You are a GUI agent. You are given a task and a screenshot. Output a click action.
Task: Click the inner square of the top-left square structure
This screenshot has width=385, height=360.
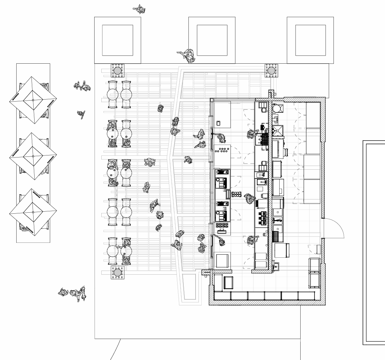pos(117,40)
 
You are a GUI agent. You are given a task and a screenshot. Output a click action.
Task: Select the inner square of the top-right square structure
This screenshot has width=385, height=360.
pos(310,40)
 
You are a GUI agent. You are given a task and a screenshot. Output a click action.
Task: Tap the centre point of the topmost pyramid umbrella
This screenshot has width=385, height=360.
pos(33,100)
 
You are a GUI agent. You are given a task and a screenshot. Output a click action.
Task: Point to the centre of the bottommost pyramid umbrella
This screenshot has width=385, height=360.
pos(33,212)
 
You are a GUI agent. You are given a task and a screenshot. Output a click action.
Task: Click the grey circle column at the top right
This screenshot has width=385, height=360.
pos(271,70)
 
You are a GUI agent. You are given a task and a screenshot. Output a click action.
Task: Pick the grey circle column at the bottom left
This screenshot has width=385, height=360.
pos(118,272)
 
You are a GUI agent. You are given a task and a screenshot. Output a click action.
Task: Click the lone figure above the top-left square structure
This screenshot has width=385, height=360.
pos(139,9)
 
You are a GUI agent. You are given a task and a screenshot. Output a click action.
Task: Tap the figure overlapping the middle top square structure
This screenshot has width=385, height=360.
pos(186,55)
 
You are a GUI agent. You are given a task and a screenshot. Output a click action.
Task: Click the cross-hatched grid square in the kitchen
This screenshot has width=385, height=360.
pos(277,233)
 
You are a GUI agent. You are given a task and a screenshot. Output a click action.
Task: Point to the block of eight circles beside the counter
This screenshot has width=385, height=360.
pos(236,194)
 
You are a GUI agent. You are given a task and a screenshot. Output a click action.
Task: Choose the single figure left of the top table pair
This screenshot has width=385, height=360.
pos(81,114)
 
